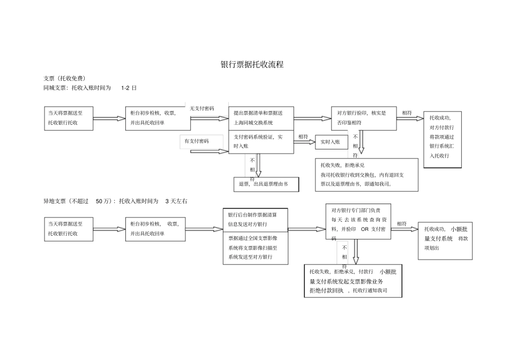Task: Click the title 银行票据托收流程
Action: [x=252, y=64]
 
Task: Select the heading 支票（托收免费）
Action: [x=65, y=78]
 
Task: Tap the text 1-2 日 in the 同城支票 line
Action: [x=129, y=87]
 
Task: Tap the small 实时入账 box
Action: [x=331, y=142]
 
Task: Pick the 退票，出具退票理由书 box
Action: [x=266, y=184]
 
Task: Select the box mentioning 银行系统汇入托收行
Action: [x=442, y=141]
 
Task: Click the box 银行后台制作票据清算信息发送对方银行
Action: [x=256, y=219]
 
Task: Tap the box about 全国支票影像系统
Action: [x=256, y=248]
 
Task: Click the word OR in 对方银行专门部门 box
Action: [x=365, y=229]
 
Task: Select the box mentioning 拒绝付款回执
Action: [x=352, y=281]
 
